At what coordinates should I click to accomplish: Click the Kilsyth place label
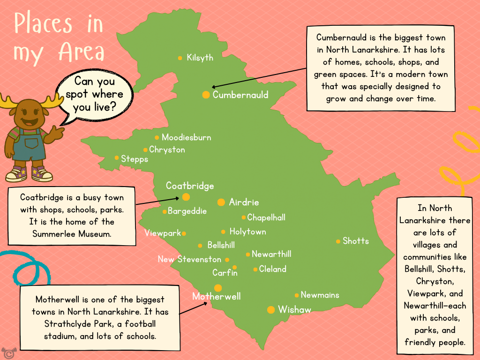200,58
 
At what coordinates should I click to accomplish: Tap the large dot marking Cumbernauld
206,95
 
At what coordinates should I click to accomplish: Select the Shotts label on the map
356,241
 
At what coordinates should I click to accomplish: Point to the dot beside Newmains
297,295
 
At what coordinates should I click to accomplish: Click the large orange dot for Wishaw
271,310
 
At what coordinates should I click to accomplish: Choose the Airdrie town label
244,202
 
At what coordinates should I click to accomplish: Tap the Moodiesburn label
186,137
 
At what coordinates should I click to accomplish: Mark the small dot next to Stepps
117,157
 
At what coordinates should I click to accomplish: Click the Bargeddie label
187,211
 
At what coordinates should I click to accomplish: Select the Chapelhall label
266,217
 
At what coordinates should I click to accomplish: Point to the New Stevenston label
189,259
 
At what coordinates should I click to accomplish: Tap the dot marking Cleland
255,270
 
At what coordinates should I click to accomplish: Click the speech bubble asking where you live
94,94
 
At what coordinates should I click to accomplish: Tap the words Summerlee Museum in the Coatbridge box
72,233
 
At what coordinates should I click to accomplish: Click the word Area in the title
82,52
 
